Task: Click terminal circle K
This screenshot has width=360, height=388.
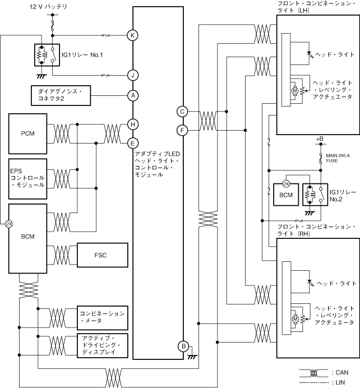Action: [x=133, y=35]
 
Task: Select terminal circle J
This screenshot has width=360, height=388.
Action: [x=133, y=74]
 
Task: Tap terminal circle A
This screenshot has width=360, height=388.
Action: [x=133, y=95]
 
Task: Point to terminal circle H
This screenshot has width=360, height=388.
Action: [x=133, y=124]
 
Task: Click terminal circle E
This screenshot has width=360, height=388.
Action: [x=133, y=142]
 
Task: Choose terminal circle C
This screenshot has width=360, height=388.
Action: [x=182, y=112]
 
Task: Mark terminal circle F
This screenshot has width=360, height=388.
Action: [x=182, y=130]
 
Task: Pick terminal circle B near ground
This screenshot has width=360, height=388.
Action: [x=182, y=346]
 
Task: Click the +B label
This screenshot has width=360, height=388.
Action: [x=320, y=138]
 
